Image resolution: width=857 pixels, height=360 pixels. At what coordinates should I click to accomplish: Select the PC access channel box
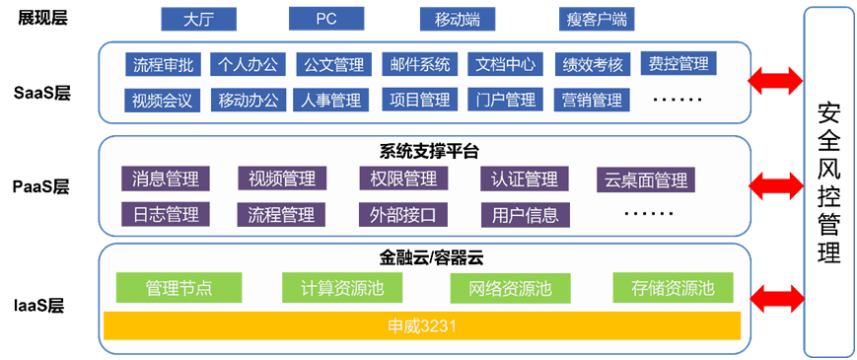point(326,19)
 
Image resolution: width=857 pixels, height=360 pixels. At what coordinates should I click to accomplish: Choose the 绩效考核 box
point(593,65)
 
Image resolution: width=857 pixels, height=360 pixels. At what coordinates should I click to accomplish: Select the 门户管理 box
point(504,100)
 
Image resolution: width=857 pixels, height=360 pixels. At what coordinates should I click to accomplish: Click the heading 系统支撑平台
point(428,151)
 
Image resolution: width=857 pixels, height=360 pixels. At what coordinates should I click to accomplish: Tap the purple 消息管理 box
point(165,179)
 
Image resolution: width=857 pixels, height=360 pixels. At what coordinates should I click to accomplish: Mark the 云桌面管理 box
point(645,180)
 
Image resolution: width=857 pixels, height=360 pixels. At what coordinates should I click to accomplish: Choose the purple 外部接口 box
point(402,214)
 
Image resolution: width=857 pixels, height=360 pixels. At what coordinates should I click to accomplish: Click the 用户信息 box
point(524,214)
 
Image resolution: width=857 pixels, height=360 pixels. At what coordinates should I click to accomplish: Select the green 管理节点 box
point(179,288)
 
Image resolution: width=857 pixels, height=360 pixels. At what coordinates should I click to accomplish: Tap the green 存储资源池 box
point(674,288)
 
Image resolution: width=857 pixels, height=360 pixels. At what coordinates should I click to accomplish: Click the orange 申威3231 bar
point(421,324)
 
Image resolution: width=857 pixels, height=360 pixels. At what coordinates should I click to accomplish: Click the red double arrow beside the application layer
point(775,81)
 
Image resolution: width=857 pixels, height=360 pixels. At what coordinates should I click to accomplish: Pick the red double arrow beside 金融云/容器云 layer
point(775,295)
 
